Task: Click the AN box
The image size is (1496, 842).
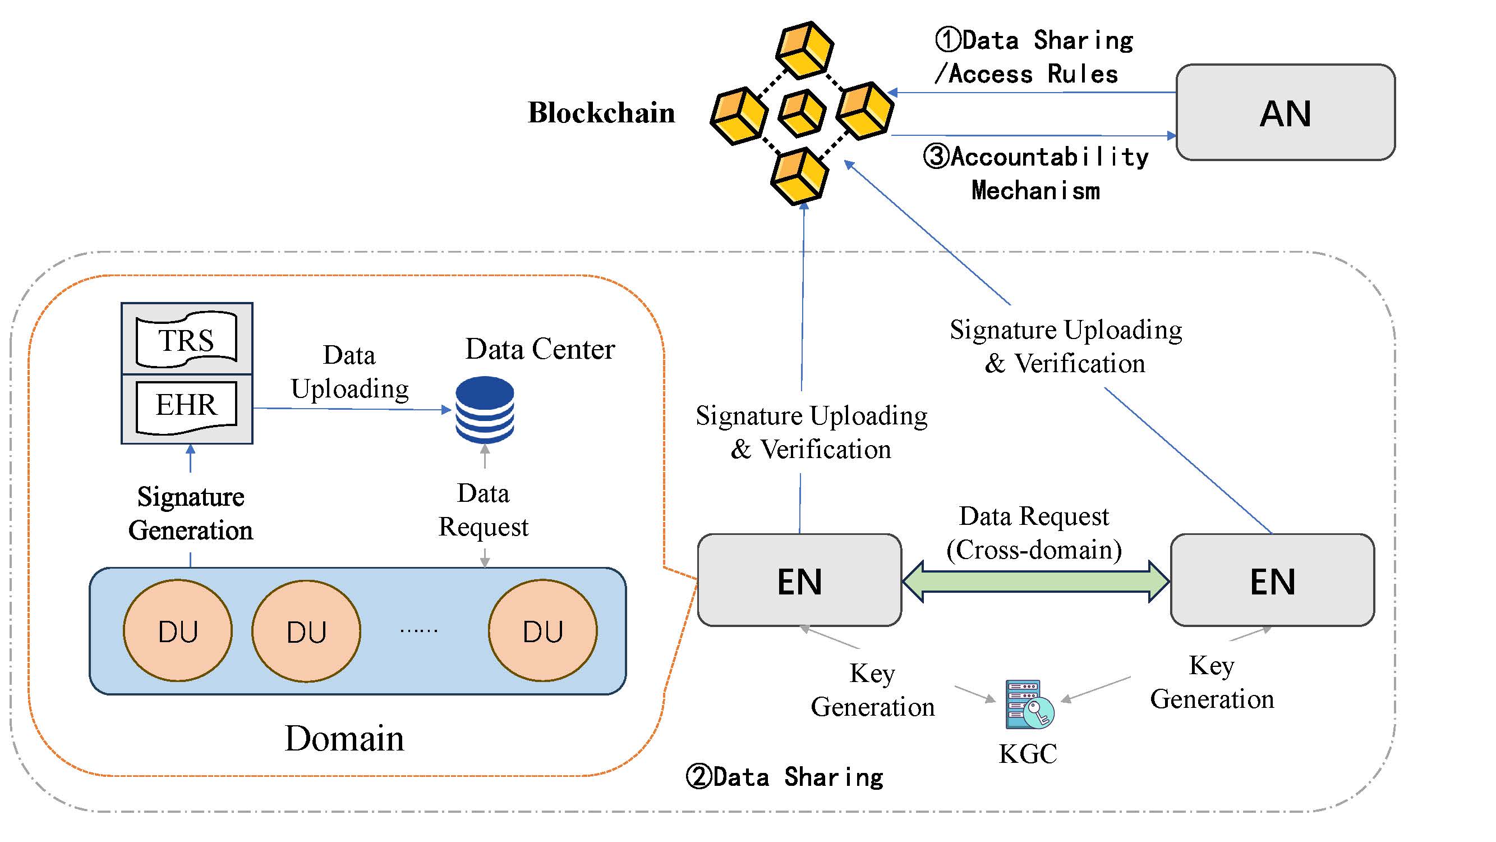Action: click(x=1285, y=112)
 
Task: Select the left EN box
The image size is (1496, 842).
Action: click(x=799, y=580)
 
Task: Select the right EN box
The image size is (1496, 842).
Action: click(x=1272, y=580)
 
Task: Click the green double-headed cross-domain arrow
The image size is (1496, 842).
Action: click(x=1035, y=580)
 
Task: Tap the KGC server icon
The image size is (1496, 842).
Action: click(x=1029, y=704)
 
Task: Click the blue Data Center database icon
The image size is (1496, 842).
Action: click(x=484, y=410)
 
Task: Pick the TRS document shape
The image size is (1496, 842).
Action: click(x=186, y=340)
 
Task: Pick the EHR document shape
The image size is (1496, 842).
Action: click(x=186, y=407)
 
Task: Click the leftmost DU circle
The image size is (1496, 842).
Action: click(x=178, y=630)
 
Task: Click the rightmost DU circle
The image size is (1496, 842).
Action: click(x=542, y=630)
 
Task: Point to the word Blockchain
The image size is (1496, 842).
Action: click(x=601, y=113)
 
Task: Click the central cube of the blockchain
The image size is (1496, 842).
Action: click(x=802, y=113)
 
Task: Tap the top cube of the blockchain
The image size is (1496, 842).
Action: click(x=805, y=50)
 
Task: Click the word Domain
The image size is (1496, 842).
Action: click(x=344, y=739)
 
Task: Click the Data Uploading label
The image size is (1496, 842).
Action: click(x=349, y=372)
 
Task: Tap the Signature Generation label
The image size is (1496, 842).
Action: click(x=191, y=514)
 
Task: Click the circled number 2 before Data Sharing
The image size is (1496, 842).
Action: click(x=698, y=776)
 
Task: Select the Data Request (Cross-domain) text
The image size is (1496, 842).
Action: click(x=1034, y=533)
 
